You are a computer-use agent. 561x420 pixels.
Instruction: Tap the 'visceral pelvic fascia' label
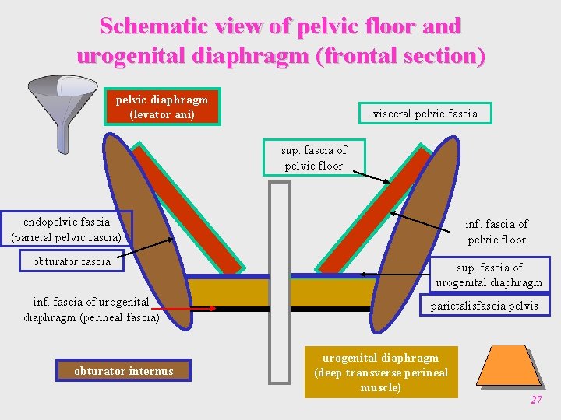click(x=425, y=114)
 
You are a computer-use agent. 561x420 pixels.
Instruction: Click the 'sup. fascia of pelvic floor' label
click(x=314, y=158)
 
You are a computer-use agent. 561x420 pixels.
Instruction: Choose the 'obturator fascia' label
click(x=72, y=261)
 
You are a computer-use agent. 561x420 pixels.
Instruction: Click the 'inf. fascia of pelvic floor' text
click(x=496, y=232)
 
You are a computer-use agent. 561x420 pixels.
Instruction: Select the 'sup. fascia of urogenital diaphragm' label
click(x=489, y=275)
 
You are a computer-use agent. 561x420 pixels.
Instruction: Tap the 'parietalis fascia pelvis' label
click(x=484, y=306)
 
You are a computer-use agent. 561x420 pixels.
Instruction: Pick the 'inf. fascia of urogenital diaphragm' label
click(x=91, y=310)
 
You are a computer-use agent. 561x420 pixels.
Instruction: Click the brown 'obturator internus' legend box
click(x=123, y=371)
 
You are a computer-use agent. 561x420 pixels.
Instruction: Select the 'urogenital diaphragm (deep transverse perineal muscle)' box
click(x=381, y=373)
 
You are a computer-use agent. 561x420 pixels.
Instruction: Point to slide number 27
click(x=535, y=400)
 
